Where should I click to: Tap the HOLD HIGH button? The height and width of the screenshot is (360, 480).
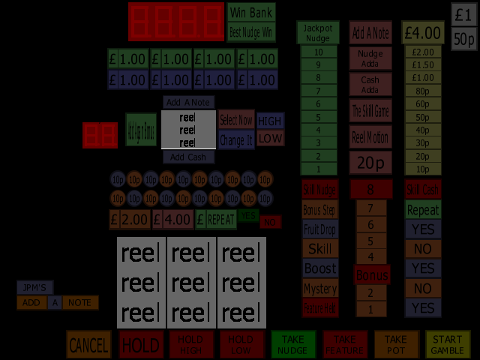pyautogui.click(x=190, y=344)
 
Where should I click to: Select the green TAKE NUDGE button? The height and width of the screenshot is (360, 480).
pyautogui.click(x=292, y=344)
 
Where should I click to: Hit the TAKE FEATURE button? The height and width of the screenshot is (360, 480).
pyautogui.click(x=344, y=344)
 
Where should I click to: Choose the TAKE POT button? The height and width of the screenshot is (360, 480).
pyautogui.click(x=396, y=344)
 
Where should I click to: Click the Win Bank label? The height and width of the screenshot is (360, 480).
pyautogui.click(x=251, y=13)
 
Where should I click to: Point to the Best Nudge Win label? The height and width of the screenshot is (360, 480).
pyautogui.click(x=251, y=32)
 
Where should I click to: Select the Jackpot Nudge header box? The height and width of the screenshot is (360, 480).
pyautogui.click(x=318, y=32)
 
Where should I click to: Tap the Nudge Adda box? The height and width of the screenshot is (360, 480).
pyautogui.click(x=370, y=58)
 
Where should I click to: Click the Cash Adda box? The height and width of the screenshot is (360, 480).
pyautogui.click(x=370, y=85)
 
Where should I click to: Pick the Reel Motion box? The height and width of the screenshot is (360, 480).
pyautogui.click(x=370, y=137)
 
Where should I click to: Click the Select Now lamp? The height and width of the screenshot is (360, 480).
pyautogui.click(x=236, y=120)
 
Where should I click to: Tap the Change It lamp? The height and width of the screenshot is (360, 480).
pyautogui.click(x=236, y=139)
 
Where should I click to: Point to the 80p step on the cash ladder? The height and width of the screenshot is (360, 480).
pyautogui.click(x=423, y=91)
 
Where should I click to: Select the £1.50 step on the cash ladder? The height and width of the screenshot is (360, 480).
pyautogui.click(x=423, y=65)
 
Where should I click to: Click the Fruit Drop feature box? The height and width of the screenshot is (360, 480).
pyautogui.click(x=320, y=229)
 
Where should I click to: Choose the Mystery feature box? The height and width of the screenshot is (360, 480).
pyautogui.click(x=320, y=288)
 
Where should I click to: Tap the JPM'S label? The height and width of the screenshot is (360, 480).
pyautogui.click(x=34, y=287)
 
